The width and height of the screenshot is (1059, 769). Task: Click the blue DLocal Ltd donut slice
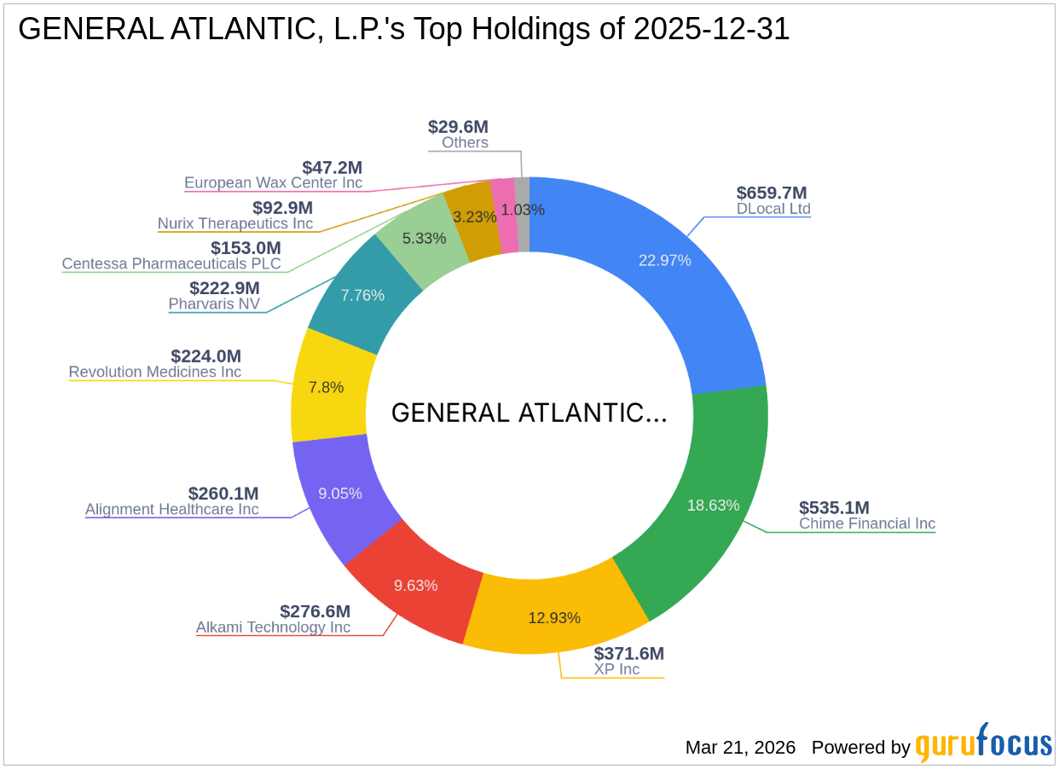[665, 260]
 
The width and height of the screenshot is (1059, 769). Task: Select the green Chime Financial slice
[713, 505]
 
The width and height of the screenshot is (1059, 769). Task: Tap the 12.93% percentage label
[554, 618]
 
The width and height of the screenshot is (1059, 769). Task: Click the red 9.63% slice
[415, 586]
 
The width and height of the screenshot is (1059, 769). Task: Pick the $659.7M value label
[771, 193]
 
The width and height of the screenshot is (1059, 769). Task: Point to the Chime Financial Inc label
[866, 523]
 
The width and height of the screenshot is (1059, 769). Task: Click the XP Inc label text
[616, 669]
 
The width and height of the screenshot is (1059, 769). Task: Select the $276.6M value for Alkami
[315, 611]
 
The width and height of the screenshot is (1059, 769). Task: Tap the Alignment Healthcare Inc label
[171, 510]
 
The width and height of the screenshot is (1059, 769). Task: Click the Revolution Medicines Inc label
[154, 372]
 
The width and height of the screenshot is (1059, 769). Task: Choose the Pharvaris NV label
[214, 304]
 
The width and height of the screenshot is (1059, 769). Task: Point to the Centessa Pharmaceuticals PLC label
[171, 263]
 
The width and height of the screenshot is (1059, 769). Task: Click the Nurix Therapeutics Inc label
[235, 223]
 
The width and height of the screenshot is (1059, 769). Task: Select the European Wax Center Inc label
[273, 183]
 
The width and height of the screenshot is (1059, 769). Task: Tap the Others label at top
[465, 142]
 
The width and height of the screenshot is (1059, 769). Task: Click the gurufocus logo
[983, 744]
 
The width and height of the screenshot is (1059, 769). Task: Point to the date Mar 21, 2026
[740, 748]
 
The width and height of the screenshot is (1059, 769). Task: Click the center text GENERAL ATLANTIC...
[529, 413]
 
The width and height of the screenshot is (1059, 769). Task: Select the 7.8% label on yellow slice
[326, 387]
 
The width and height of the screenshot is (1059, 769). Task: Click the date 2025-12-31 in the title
[711, 30]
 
